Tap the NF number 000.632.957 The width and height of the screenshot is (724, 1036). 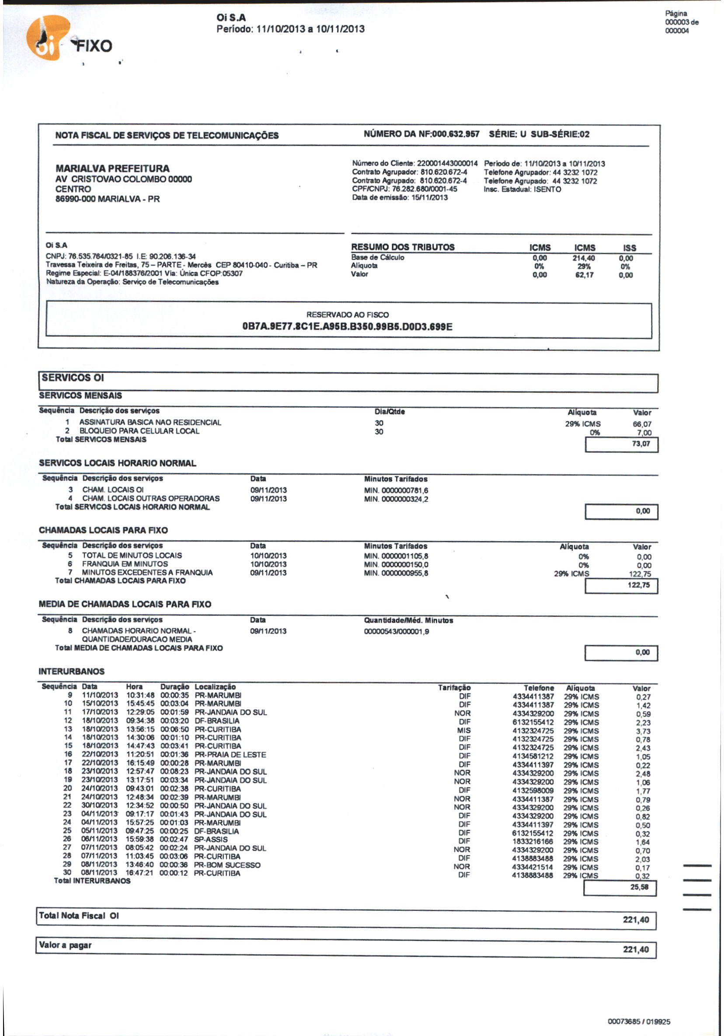pyautogui.click(x=455, y=134)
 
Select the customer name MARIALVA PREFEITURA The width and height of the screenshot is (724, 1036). pyautogui.click(x=112, y=168)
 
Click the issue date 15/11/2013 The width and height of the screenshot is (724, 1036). pyautogui.click(x=429, y=198)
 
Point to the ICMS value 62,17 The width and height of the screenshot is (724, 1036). pyautogui.click(x=584, y=275)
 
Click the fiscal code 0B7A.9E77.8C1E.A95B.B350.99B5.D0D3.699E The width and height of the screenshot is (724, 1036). pyautogui.click(x=347, y=326)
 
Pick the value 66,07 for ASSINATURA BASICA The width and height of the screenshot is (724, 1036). pyautogui.click(x=641, y=424)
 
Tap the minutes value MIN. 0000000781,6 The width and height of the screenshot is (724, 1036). pyautogui.click(x=396, y=490)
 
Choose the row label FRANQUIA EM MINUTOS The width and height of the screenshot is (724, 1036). pyautogui.click(x=125, y=564)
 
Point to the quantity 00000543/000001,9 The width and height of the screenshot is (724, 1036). pyautogui.click(x=396, y=631)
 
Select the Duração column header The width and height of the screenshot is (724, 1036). pyautogui.click(x=174, y=687)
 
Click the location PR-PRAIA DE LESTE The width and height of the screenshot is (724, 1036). pyautogui.click(x=230, y=754)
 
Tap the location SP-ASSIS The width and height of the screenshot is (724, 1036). pyautogui.click(x=211, y=839)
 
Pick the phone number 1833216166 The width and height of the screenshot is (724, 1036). pyautogui.click(x=533, y=841)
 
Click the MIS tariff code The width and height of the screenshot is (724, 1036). pyautogui.click(x=463, y=730)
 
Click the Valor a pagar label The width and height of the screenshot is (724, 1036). pyautogui.click(x=66, y=945)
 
